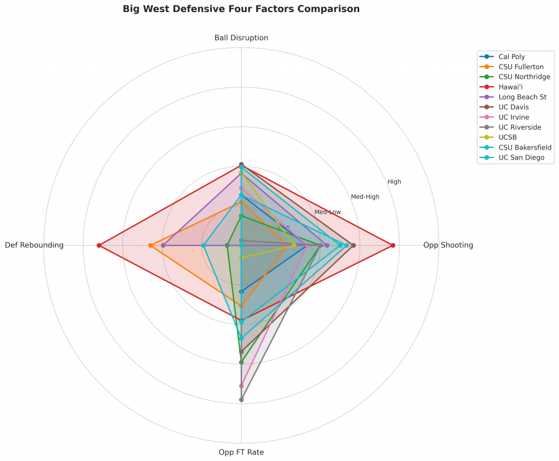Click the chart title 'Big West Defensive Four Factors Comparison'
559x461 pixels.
click(x=241, y=9)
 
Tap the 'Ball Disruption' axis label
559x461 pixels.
click(x=241, y=38)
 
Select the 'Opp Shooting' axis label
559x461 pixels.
click(x=448, y=245)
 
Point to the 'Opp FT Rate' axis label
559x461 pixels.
click(x=241, y=452)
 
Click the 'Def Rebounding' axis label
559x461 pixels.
click(x=34, y=245)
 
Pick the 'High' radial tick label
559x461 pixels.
click(x=394, y=182)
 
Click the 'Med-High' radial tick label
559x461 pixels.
click(x=365, y=197)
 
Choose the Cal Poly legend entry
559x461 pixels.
click(x=512, y=56)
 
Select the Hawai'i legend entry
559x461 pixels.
click(x=510, y=86)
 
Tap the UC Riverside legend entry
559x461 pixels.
click(x=519, y=127)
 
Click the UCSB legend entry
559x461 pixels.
click(x=508, y=137)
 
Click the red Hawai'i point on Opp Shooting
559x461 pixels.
click(x=393, y=245)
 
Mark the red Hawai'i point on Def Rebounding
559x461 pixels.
click(x=99, y=245)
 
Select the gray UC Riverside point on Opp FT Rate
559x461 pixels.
click(x=241, y=400)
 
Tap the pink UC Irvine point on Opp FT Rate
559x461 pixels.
click(x=241, y=386)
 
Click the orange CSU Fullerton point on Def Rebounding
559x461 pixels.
click(x=150, y=245)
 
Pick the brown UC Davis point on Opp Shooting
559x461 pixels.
click(x=354, y=245)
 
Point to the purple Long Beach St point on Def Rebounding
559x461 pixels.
click(x=163, y=245)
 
